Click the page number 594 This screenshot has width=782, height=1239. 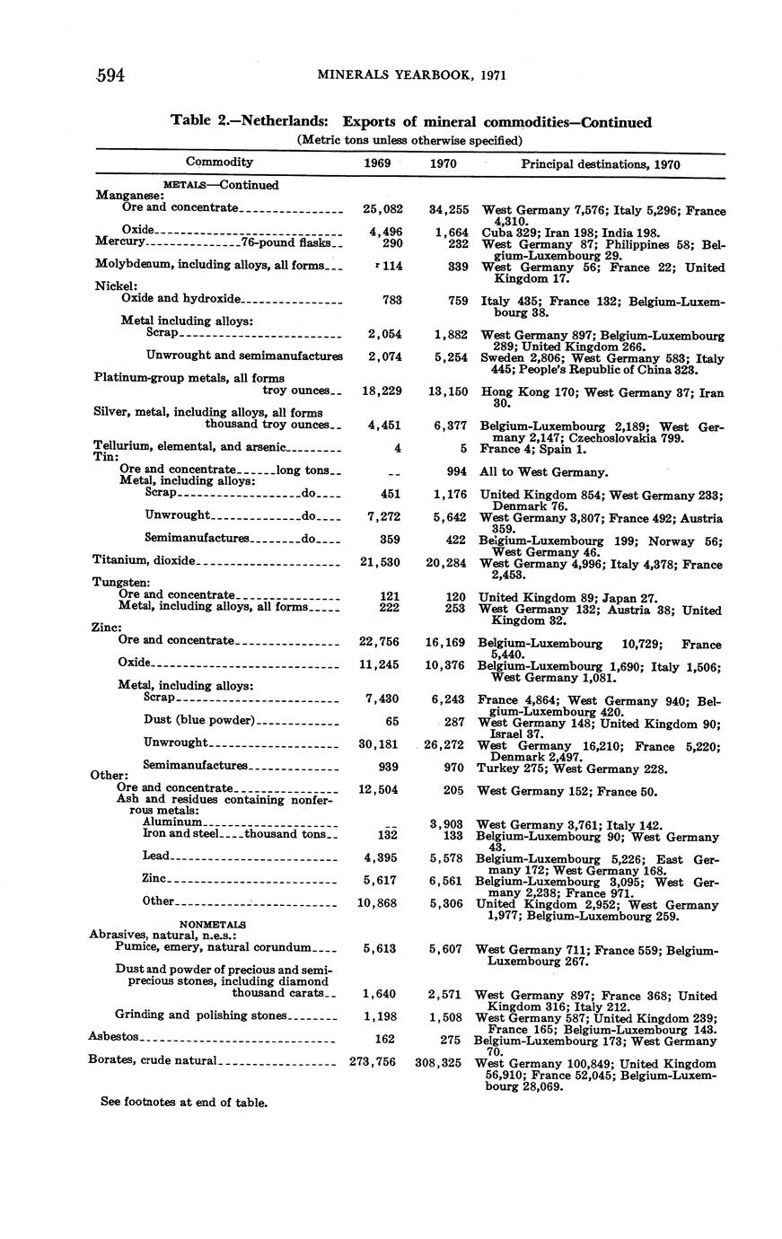point(110,75)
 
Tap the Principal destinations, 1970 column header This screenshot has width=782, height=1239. point(600,164)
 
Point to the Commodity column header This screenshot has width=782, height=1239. point(219,162)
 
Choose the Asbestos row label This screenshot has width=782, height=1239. point(113,1037)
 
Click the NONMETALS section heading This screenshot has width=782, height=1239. point(213,924)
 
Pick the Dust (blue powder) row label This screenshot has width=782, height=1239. point(199,720)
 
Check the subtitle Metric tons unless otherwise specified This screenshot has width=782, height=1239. point(409,140)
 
